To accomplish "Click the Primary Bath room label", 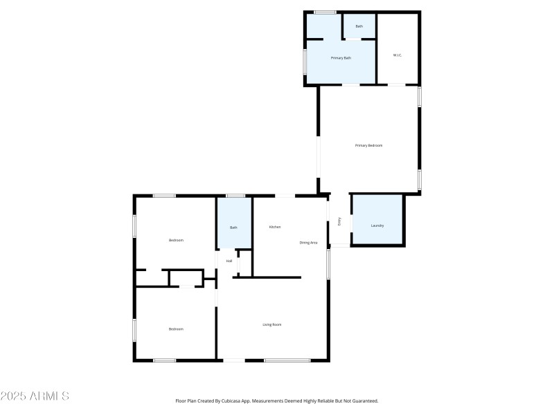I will pyautogui.click(x=341, y=57).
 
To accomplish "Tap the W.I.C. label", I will pyautogui.click(x=397, y=55).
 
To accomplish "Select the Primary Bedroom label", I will pyautogui.click(x=368, y=145).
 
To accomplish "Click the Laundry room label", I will pyautogui.click(x=377, y=225).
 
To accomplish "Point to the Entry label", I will pyautogui.click(x=339, y=221).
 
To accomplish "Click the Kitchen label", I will pyautogui.click(x=275, y=227).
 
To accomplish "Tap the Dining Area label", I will pyautogui.click(x=308, y=243).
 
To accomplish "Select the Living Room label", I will pyautogui.click(x=271, y=324).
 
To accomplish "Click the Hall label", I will pyautogui.click(x=229, y=261).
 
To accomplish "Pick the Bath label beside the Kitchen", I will pyautogui.click(x=233, y=228).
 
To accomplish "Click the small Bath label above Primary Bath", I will pyautogui.click(x=359, y=26).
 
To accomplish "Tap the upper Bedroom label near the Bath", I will pyautogui.click(x=176, y=240).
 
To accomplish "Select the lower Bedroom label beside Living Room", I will pyautogui.click(x=176, y=329).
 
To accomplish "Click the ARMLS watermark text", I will pyautogui.click(x=35, y=396).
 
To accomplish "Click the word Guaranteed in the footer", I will pyautogui.click(x=364, y=400).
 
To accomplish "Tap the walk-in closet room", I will pyautogui.click(x=397, y=66).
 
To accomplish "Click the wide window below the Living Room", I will pyautogui.click(x=287, y=360).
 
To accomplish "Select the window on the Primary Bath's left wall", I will pyautogui.click(x=305, y=61).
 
